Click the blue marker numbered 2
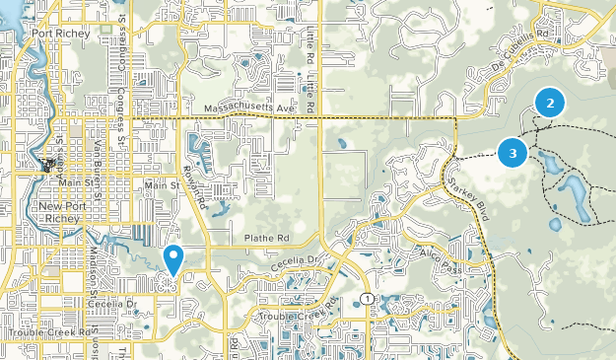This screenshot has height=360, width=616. [550, 101]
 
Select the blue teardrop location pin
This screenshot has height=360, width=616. [173, 259]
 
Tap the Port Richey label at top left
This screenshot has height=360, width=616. [60, 33]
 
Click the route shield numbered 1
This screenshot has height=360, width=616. [366, 298]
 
